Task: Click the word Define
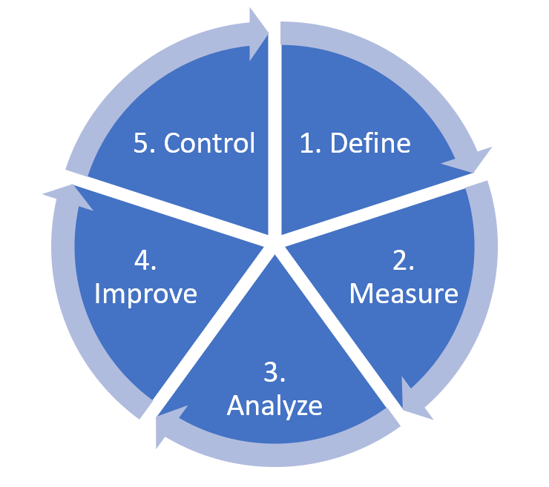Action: point(370,143)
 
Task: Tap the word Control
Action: point(209,143)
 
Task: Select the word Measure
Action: point(404,294)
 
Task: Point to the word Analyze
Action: point(274,406)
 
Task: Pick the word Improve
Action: point(145,294)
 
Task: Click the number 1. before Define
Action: point(311,143)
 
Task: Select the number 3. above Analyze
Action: point(274,372)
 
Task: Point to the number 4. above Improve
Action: point(145,260)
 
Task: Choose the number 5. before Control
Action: point(144,143)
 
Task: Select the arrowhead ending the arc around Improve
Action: point(70,195)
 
